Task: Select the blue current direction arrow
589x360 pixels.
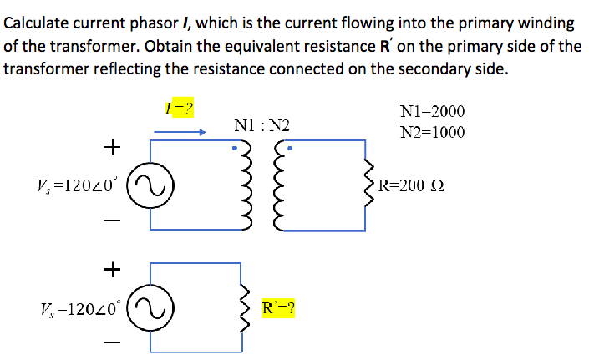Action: pyautogui.click(x=180, y=131)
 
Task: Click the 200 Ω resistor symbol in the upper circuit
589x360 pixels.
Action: pyautogui.click(x=365, y=185)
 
